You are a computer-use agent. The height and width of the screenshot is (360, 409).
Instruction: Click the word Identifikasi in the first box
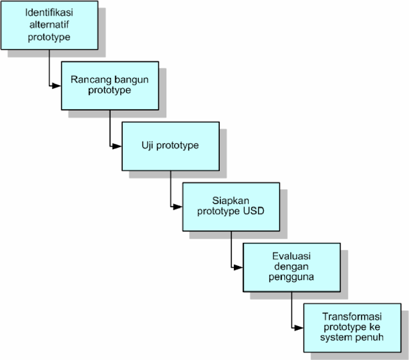50,13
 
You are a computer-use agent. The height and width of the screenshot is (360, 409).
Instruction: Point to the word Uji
148,145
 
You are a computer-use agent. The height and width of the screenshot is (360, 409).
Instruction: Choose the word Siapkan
230,200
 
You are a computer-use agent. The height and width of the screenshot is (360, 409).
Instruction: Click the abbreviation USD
253,211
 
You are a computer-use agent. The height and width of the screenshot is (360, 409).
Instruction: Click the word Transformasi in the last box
353,316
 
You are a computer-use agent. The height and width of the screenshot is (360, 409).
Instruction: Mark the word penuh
371,338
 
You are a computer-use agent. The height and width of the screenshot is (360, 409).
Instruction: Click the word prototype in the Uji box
179,145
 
